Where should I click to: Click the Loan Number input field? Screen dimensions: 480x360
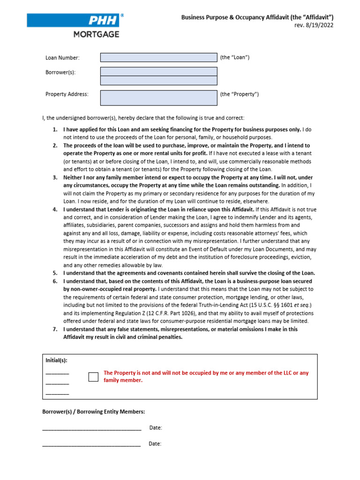[x=158, y=57]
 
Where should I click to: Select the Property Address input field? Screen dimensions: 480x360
[x=158, y=97]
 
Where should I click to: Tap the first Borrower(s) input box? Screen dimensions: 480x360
[x=158, y=71]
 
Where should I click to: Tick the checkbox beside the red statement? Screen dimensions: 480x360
[x=94, y=376]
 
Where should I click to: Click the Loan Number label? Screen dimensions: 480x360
[x=62, y=58]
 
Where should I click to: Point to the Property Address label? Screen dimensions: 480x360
[x=67, y=94]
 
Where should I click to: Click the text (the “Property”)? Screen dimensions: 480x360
[x=239, y=94]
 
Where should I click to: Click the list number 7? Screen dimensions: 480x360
[x=55, y=329]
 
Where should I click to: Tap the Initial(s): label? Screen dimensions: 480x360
[x=56, y=360]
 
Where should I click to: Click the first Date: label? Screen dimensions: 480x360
[x=156, y=427]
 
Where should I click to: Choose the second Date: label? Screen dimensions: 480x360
[x=155, y=443]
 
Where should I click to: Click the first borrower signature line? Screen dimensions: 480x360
[x=91, y=429]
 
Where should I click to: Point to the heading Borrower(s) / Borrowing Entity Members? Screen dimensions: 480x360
[x=94, y=412]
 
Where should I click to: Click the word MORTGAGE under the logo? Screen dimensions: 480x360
[x=96, y=34]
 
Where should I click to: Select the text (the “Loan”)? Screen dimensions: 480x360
[x=234, y=57]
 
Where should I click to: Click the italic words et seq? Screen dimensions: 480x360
[x=285, y=305]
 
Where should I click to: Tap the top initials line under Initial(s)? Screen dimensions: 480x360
[x=57, y=374]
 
